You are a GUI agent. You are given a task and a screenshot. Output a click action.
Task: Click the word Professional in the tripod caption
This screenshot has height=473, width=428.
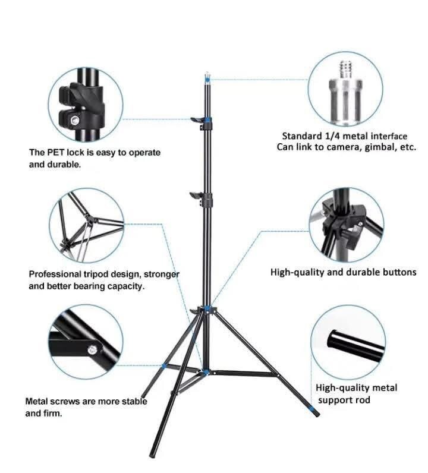coord(54,275)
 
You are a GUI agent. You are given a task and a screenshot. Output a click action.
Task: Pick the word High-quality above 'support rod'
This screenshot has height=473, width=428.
coord(340,387)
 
